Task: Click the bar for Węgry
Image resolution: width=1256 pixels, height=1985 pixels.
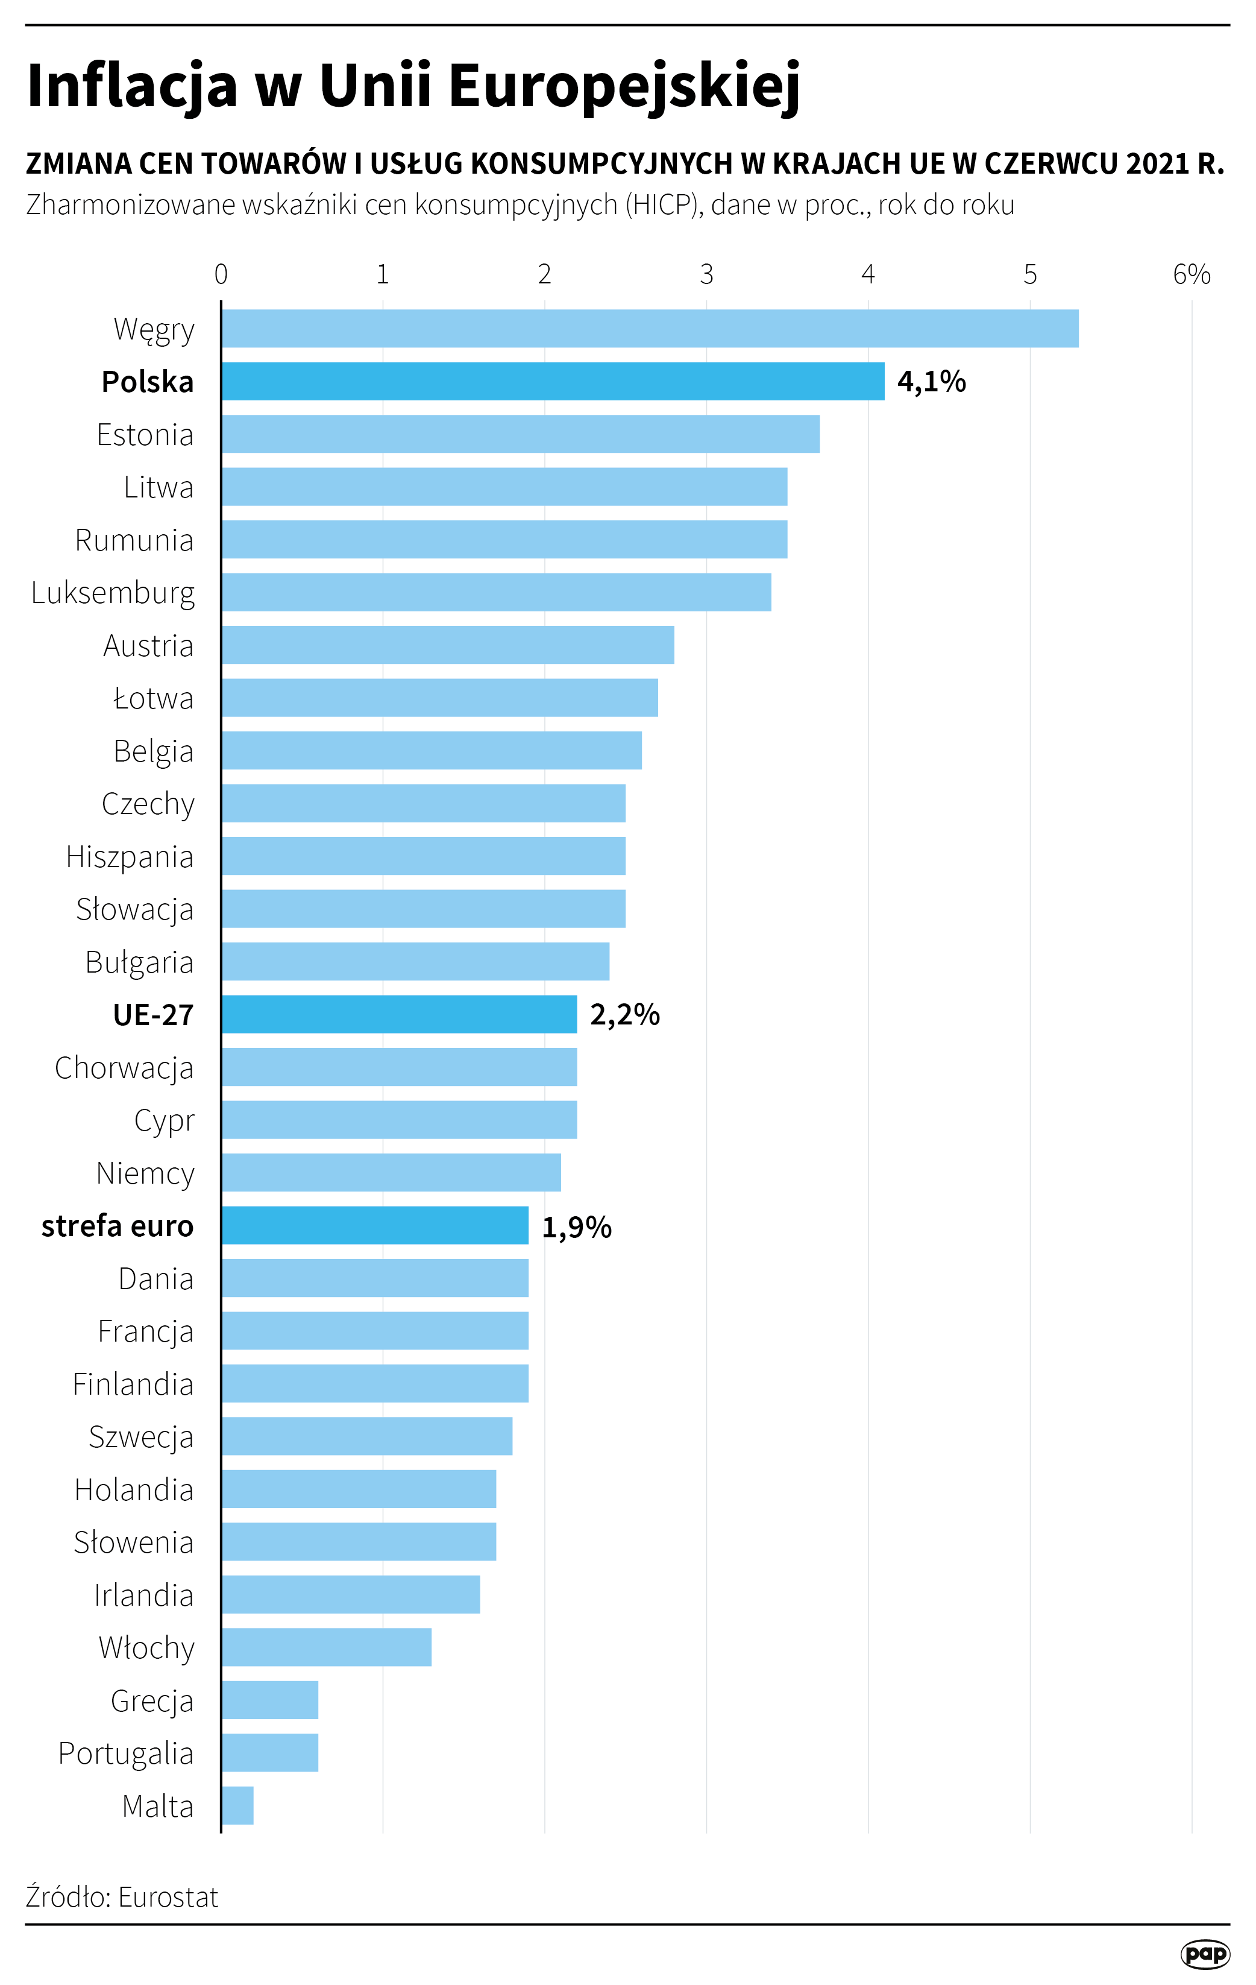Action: point(650,329)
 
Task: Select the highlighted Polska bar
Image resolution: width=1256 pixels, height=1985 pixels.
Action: point(552,382)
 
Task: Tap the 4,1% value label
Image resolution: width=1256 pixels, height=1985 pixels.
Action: point(931,382)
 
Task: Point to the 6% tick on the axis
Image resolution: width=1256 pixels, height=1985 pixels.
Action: point(1192,274)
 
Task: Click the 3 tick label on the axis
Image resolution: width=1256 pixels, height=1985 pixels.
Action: point(706,274)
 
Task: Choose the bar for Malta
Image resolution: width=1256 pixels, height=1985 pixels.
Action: point(237,1806)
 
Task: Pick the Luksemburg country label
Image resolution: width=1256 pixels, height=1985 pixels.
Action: point(113,593)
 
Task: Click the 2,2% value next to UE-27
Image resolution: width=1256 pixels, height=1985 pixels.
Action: point(625,1015)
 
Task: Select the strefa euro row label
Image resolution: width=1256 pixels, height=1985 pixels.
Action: point(117,1226)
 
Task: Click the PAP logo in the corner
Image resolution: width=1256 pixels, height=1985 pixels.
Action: point(1205,1954)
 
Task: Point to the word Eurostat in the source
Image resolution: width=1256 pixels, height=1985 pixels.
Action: point(168,1898)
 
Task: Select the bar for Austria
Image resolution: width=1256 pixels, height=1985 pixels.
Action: point(448,645)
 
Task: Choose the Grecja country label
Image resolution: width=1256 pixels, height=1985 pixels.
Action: point(152,1700)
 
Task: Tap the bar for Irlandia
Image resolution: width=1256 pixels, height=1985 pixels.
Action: point(350,1595)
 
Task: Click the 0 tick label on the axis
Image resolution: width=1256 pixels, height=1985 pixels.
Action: point(221,274)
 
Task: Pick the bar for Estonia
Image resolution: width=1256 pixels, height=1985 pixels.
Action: point(520,434)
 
